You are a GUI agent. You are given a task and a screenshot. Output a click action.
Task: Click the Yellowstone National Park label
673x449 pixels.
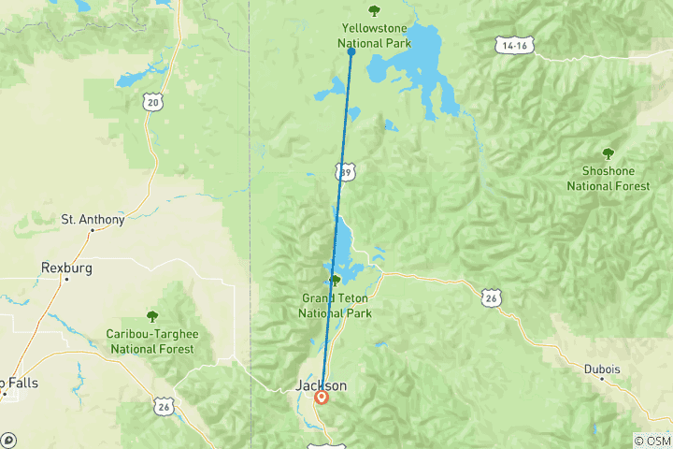click(x=374, y=35)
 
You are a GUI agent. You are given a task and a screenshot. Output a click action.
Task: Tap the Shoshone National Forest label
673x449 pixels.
click(x=608, y=179)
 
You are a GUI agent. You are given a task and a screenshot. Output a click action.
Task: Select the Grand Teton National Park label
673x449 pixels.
click(x=335, y=306)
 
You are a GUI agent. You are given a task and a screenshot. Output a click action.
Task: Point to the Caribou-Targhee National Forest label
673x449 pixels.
click(x=152, y=341)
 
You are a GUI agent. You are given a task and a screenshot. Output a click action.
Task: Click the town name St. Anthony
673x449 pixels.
click(x=93, y=220)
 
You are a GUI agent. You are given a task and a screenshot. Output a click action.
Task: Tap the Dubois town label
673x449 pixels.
click(x=603, y=369)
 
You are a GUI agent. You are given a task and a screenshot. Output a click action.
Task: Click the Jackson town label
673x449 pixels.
click(x=321, y=384)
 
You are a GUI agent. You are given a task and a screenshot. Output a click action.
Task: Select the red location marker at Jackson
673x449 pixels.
click(x=322, y=397)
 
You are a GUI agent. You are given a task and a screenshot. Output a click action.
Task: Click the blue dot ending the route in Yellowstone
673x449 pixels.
click(x=351, y=51)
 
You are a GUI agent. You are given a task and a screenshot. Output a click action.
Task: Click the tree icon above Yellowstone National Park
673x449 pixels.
click(x=374, y=11)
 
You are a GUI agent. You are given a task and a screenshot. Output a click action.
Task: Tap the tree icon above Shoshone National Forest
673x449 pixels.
click(x=608, y=153)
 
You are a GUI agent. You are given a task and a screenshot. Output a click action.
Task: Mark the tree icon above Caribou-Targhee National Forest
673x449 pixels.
click(x=152, y=316)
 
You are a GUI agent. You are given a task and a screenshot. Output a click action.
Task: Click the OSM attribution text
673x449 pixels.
click(x=653, y=441)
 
